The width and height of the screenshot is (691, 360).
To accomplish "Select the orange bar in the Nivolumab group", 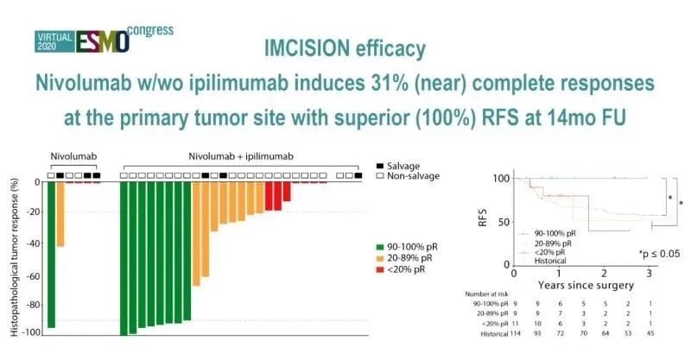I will pyautogui.click(x=60, y=215).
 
